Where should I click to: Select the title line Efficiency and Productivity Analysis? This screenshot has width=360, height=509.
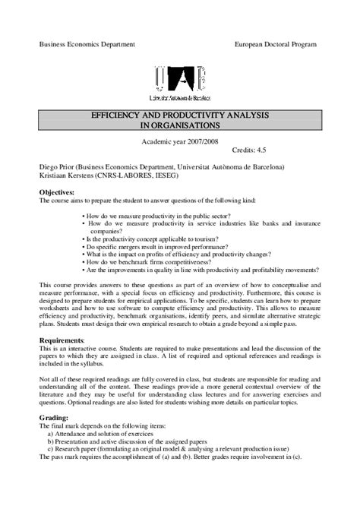179,114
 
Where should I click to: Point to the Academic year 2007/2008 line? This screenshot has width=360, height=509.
179,142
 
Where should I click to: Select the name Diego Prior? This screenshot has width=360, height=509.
58,166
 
